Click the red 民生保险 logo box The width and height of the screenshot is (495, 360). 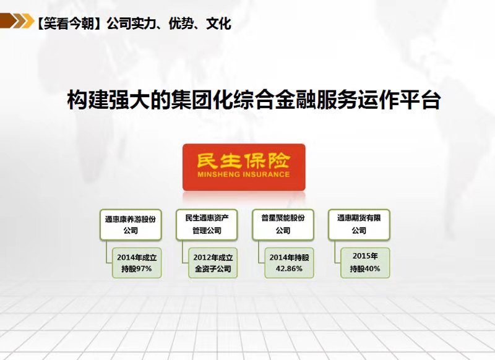(x=244, y=167)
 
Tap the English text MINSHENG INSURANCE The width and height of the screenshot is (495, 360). (x=243, y=174)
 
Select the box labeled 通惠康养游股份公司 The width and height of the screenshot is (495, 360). (x=131, y=225)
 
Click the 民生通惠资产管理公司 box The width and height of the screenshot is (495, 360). (x=207, y=225)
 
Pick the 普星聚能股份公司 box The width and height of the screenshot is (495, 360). (x=283, y=225)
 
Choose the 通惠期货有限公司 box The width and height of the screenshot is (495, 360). (x=359, y=225)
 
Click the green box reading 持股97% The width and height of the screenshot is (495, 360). (x=137, y=263)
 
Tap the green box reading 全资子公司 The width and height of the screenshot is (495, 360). (x=213, y=263)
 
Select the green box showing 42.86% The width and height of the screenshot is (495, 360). (x=289, y=263)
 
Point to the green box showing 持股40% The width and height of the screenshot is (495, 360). (x=365, y=263)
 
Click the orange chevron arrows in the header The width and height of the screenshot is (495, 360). (x=17, y=21)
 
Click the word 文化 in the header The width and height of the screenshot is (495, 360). (x=218, y=24)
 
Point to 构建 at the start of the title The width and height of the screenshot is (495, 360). (x=88, y=100)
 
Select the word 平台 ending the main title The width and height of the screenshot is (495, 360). (x=420, y=100)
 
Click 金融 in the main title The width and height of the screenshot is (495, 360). (x=296, y=100)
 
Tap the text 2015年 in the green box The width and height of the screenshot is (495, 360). (x=365, y=256)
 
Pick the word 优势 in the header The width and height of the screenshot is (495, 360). (x=181, y=24)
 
